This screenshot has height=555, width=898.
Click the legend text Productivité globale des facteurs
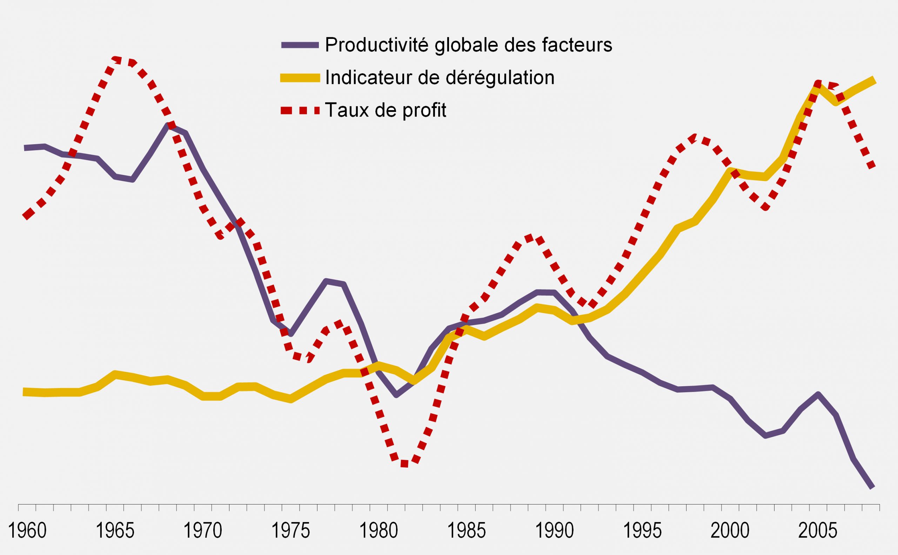(x=469, y=45)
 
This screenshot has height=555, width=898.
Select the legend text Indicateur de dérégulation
(x=440, y=78)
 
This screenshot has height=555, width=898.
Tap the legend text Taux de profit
(x=386, y=110)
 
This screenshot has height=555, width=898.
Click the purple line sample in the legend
(x=300, y=45)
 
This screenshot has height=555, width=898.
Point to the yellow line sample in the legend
(x=300, y=78)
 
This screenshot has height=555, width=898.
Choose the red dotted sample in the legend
(x=300, y=110)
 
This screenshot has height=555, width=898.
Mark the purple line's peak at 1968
(x=168, y=126)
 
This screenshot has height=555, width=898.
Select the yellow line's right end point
(x=874, y=81)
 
